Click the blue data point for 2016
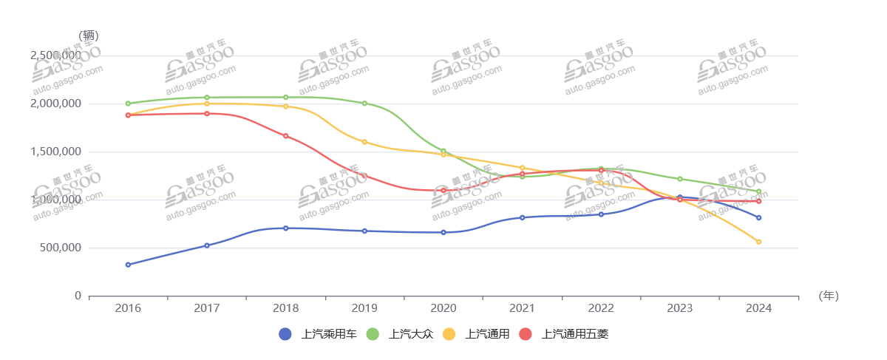[x=128, y=265]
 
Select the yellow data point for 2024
[x=759, y=242]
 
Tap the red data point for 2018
[x=285, y=136]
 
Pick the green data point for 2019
[x=364, y=103]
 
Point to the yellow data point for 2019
[x=364, y=141]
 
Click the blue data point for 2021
[x=522, y=217]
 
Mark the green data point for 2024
[x=759, y=191]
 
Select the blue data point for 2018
[x=285, y=228]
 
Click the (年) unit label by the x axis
[x=829, y=296]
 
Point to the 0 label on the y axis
[x=78, y=296]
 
